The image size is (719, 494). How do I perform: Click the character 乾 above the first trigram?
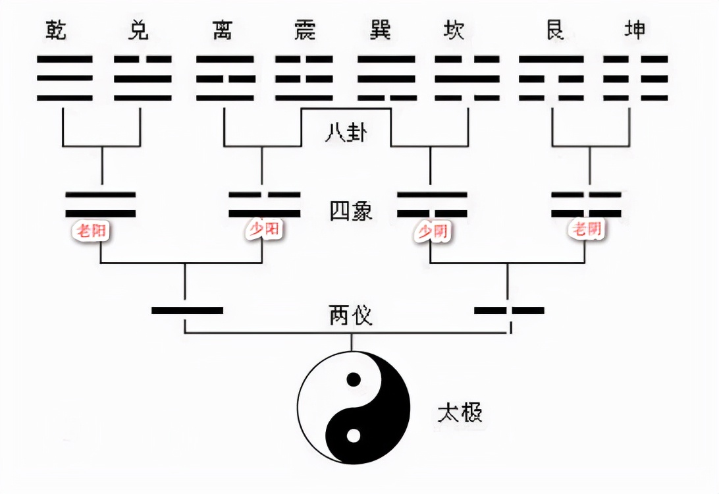click(57, 30)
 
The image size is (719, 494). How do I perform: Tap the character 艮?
click(556, 30)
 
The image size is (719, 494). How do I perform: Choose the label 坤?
click(635, 30)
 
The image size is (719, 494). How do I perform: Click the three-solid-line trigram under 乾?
click(65, 78)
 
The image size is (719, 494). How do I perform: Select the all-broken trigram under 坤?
click(635, 78)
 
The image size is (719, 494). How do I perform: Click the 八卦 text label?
click(346, 134)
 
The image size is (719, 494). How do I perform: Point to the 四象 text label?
click(351, 211)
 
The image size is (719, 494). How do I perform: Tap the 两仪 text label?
click(351, 316)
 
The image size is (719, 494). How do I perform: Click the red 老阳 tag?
click(92, 231)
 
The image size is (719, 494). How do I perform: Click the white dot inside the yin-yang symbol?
click(354, 435)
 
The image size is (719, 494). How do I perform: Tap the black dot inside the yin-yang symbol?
click(354, 379)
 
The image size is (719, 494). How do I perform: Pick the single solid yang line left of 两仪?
click(187, 310)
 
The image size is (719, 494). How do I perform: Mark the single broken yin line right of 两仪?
click(509, 310)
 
